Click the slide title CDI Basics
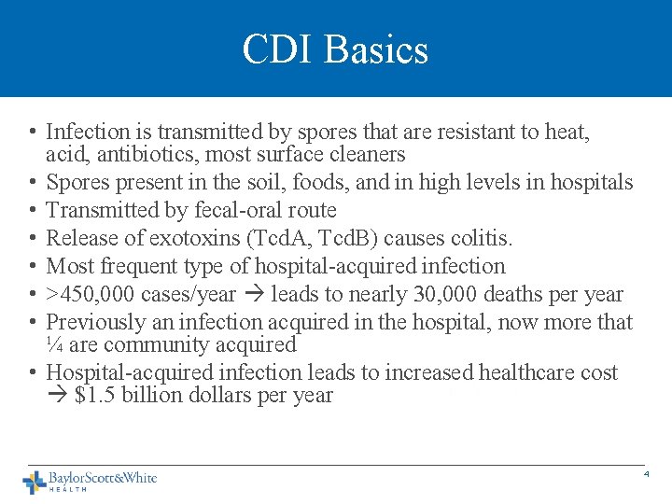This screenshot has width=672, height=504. coord(335,49)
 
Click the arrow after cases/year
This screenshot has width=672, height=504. coord(253,295)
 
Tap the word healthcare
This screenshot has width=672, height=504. coord(525,372)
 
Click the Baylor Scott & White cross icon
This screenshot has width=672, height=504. coord(35,482)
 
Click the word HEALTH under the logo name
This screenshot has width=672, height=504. coord(68,489)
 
